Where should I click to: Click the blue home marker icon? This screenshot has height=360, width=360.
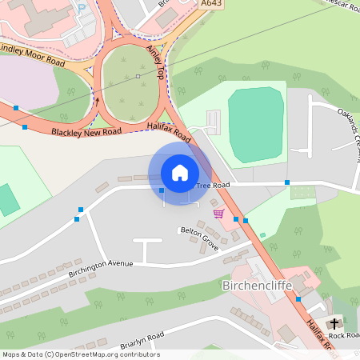[180, 173]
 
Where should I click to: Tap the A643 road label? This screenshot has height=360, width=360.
[212, 4]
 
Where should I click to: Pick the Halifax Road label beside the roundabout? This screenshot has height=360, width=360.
[169, 130]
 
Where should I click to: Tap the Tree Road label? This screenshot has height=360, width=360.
[213, 186]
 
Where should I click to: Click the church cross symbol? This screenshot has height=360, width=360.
[334, 324]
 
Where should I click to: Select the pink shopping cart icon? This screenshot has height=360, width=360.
[218, 213]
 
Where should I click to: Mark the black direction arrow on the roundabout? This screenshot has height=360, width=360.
[98, 102]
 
